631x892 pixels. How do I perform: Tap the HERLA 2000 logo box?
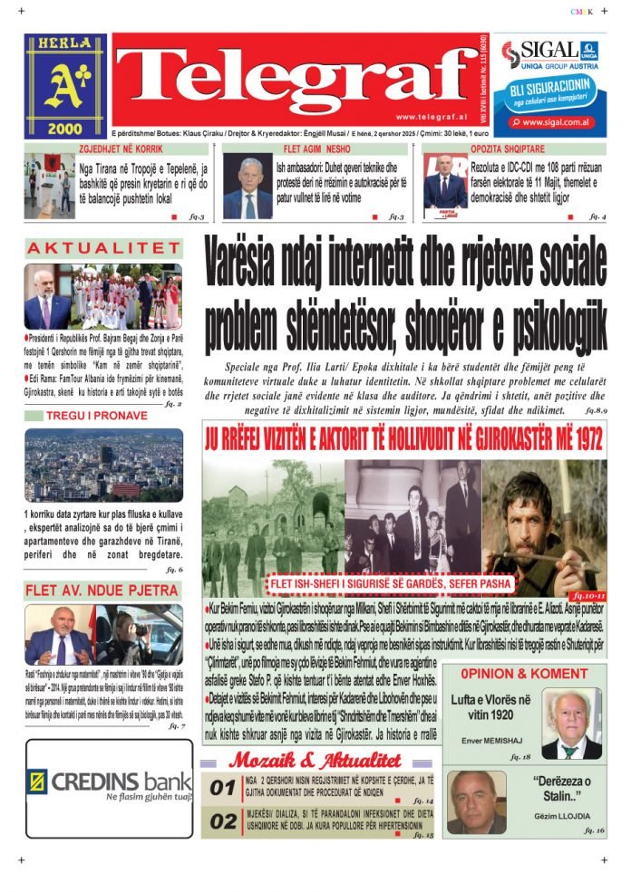pyautogui.click(x=64, y=86)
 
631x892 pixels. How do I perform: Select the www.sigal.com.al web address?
pyautogui.click(x=557, y=121)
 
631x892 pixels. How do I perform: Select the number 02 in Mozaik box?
pyautogui.click(x=223, y=821)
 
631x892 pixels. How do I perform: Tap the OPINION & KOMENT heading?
pyautogui.click(x=524, y=674)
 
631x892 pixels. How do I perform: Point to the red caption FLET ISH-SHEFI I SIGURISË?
pyautogui.click(x=390, y=582)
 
